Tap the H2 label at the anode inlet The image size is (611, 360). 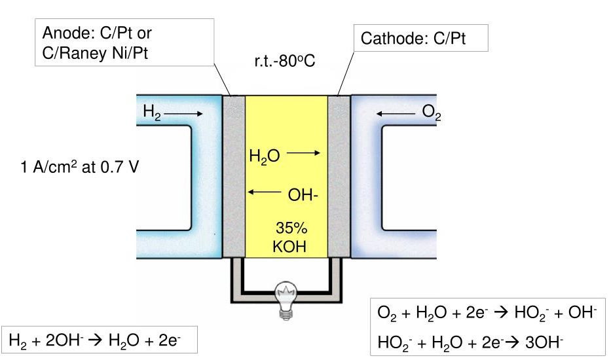point(152,113)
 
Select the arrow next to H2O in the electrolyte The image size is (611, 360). point(303,153)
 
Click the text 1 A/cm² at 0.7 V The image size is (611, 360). point(79,166)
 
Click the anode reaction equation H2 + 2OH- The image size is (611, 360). point(99,340)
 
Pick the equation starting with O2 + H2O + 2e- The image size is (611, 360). point(487,314)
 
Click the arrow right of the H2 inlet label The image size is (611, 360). point(183,113)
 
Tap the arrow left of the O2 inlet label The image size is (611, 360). point(396,113)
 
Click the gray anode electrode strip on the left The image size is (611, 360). point(233,177)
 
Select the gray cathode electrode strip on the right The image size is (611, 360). point(339,177)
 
